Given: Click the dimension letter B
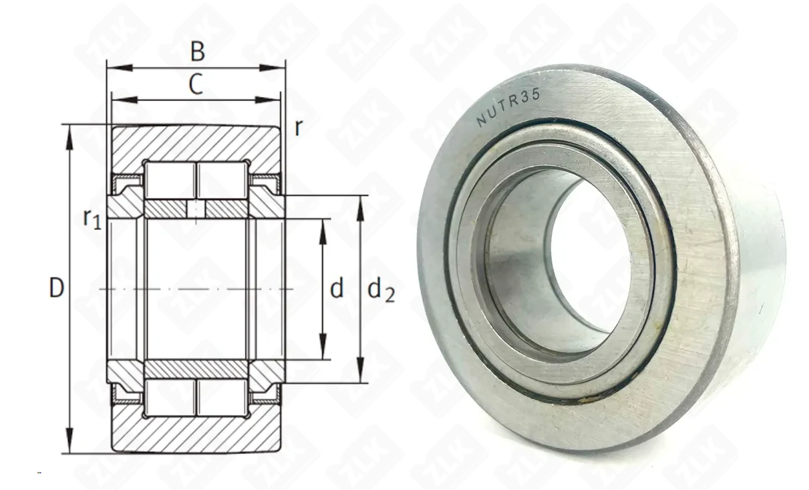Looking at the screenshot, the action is click(x=198, y=51).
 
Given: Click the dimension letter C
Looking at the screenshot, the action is click(x=196, y=84).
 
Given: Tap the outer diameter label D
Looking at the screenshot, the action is click(x=56, y=288).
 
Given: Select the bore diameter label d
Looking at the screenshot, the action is click(x=337, y=288).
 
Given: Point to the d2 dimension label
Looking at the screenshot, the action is click(x=381, y=290).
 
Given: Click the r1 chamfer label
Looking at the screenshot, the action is click(x=92, y=219).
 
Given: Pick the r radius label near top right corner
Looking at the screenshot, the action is click(x=298, y=128).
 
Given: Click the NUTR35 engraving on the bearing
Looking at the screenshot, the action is click(x=508, y=108).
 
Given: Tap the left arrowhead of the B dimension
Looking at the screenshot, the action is click(x=120, y=68).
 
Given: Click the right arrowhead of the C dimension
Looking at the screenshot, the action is click(x=268, y=100).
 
